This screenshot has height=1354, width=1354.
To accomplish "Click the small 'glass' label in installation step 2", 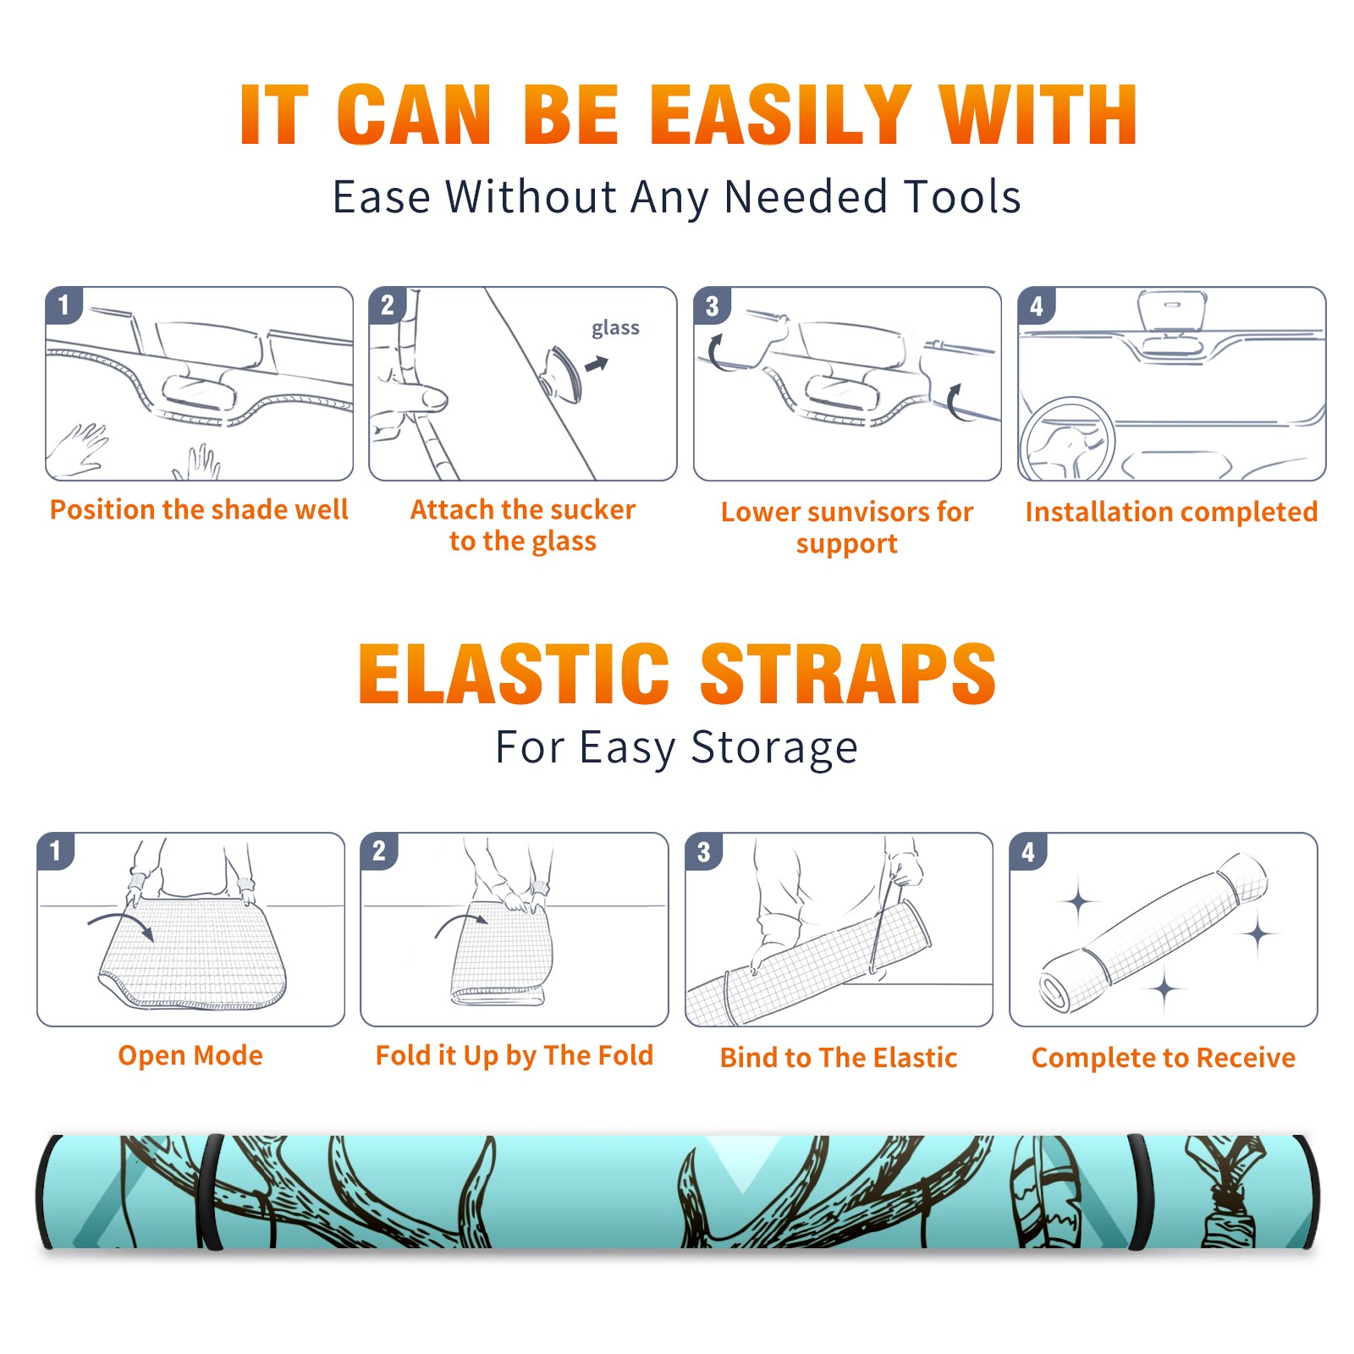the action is pyautogui.click(x=615, y=328).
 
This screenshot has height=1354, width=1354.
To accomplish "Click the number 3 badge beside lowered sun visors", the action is pyautogui.click(x=712, y=306).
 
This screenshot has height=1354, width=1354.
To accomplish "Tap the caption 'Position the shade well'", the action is pyautogui.click(x=199, y=509).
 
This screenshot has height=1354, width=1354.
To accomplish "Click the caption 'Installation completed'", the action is pyautogui.click(x=1171, y=512).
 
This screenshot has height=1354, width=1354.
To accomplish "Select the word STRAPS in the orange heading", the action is pyautogui.click(x=848, y=674).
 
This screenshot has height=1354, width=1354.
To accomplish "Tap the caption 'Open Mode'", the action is pyautogui.click(x=190, y=1055).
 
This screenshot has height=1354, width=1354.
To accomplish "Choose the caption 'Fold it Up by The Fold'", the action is pyautogui.click(x=515, y=1055).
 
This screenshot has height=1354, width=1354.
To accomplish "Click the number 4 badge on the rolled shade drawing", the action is pyautogui.click(x=1027, y=851).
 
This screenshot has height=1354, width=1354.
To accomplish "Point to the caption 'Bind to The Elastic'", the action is pyautogui.click(x=839, y=1058).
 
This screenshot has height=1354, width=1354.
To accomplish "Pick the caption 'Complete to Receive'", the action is pyautogui.click(x=1164, y=1058).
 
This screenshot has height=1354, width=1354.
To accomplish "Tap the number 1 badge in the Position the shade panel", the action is pyautogui.click(x=63, y=305).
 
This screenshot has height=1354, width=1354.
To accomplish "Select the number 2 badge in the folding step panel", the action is pyautogui.click(x=378, y=851).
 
